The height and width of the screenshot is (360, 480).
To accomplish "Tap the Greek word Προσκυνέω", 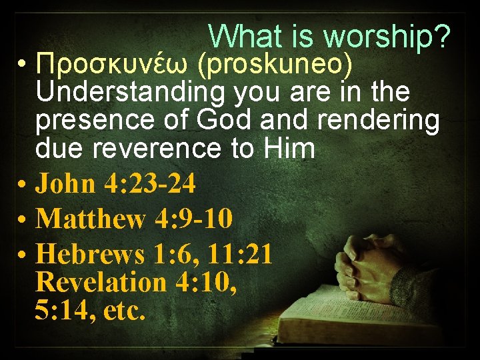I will [111, 65].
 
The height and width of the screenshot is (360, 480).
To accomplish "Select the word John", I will [65, 184].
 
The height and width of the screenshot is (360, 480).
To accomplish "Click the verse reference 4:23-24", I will [150, 184].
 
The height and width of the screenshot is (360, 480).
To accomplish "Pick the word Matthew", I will [90, 219].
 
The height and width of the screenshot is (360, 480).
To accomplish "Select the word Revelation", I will [101, 282].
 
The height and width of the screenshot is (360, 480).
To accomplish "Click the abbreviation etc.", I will [124, 310].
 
